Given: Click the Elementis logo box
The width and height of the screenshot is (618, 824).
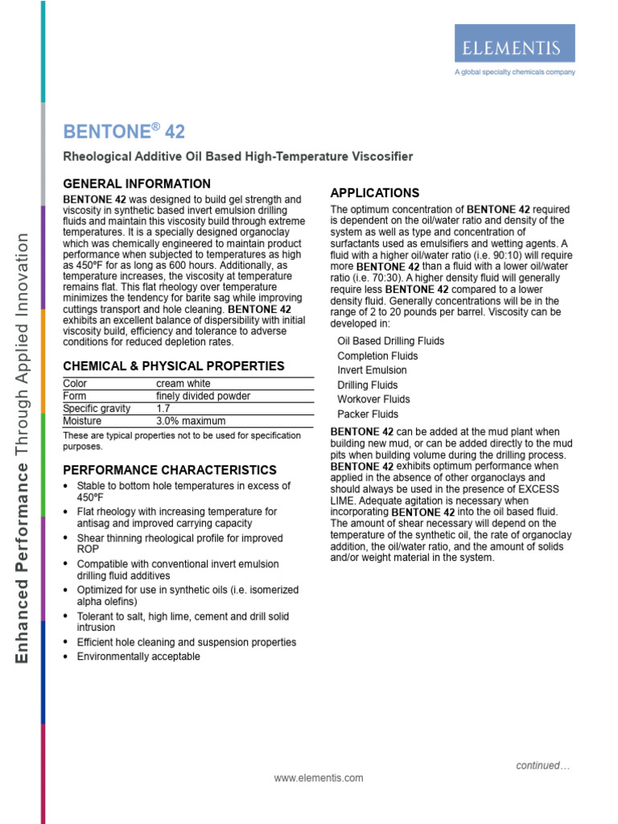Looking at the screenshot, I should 514,43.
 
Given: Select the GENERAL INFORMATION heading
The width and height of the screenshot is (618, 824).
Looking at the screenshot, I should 137,183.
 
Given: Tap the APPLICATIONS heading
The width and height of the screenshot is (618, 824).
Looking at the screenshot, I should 375,193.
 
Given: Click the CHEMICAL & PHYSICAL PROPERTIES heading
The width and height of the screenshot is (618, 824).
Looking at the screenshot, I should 174,366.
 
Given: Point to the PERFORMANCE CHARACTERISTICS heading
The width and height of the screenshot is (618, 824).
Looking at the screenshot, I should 170,470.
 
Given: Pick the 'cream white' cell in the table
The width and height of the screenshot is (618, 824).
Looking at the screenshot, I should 184,384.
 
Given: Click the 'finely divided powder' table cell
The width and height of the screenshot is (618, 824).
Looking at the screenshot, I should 203,396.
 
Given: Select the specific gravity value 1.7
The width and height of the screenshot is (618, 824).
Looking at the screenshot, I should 163,409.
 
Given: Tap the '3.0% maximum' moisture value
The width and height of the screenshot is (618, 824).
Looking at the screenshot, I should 191,421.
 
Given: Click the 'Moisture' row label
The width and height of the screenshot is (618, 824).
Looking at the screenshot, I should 82,421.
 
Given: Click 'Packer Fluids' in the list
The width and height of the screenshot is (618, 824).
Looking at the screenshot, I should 368,414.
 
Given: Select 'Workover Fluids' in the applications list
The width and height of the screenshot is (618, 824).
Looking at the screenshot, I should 373,399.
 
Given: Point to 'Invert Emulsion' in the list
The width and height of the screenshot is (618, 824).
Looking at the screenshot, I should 372,370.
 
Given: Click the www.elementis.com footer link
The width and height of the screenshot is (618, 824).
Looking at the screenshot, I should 319,778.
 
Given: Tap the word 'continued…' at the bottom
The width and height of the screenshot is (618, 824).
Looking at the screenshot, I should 542,766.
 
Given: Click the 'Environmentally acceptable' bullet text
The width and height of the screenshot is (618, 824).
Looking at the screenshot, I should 138,657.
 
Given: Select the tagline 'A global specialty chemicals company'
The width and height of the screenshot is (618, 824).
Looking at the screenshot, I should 514,72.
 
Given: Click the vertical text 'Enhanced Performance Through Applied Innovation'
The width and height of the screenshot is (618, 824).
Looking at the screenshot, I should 23,447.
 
